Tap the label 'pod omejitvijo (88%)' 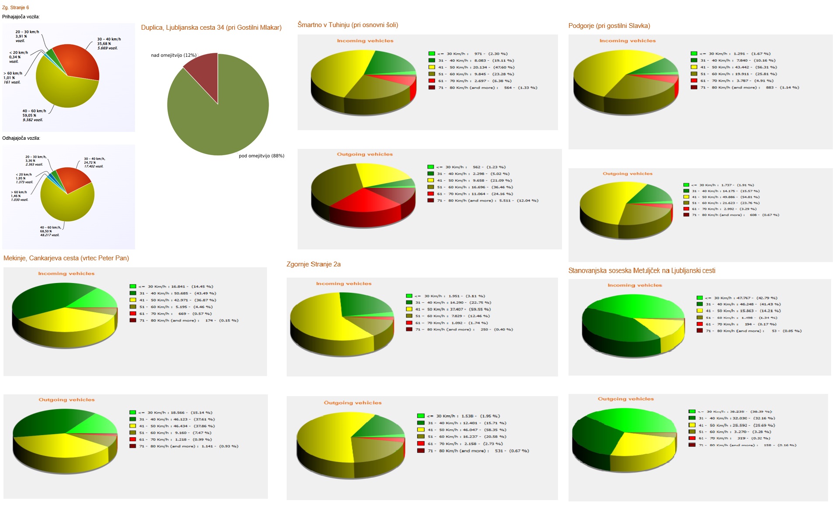[x=261, y=156]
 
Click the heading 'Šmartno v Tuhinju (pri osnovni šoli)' [x=347, y=25]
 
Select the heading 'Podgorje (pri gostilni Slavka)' [x=609, y=26]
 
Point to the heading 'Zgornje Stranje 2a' [x=313, y=264]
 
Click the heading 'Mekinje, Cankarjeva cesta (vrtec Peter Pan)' [x=66, y=258]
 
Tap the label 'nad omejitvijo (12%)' [x=173, y=55]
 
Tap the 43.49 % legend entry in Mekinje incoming [x=177, y=293]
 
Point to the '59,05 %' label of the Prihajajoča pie [x=30, y=115]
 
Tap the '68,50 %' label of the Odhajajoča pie [x=46, y=231]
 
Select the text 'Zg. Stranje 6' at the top [x=15, y=7]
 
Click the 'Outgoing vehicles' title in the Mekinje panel [x=66, y=400]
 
